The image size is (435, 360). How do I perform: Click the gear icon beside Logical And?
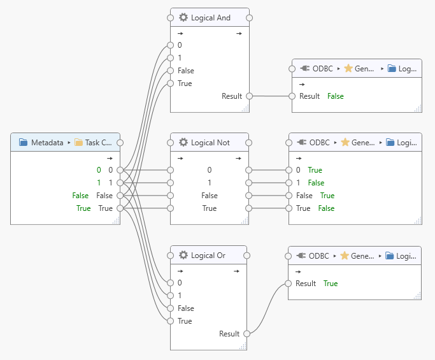tap(183, 18)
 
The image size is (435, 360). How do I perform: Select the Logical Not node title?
tap(210, 142)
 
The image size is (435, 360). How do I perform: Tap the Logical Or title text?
tap(208, 255)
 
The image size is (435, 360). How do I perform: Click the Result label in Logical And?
tap(231, 96)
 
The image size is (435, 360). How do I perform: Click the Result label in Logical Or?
tap(229, 334)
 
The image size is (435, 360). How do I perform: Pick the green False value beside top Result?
tap(335, 96)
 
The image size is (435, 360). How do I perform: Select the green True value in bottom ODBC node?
tap(330, 284)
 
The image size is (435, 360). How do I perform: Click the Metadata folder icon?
tap(23, 143)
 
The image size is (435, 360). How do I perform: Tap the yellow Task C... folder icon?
tap(79, 143)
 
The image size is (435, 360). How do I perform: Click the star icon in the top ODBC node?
tap(348, 68)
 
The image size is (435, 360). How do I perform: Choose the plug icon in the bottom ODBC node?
tap(301, 256)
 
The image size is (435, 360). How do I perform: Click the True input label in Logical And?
tap(185, 83)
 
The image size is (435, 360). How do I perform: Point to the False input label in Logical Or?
tap(186, 308)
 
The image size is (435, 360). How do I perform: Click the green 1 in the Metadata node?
tap(99, 183)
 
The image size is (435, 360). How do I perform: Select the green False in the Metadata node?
tap(80, 196)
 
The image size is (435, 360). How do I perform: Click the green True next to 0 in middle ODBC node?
tap(315, 170)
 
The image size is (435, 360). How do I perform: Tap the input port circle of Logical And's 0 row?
tap(170, 45)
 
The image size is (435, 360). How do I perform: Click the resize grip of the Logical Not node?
tap(244, 220)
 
